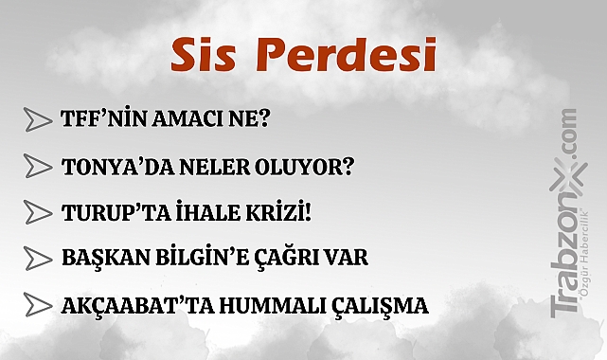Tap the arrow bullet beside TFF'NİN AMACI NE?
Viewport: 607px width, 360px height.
coord(37,119)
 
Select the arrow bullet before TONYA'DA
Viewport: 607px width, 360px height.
coord(37,166)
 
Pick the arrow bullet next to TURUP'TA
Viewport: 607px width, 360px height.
coord(37,211)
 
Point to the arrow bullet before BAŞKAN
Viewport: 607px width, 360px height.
coord(37,258)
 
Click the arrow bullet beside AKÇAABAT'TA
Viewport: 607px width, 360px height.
coord(37,305)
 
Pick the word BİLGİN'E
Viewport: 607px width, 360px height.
coord(205,258)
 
